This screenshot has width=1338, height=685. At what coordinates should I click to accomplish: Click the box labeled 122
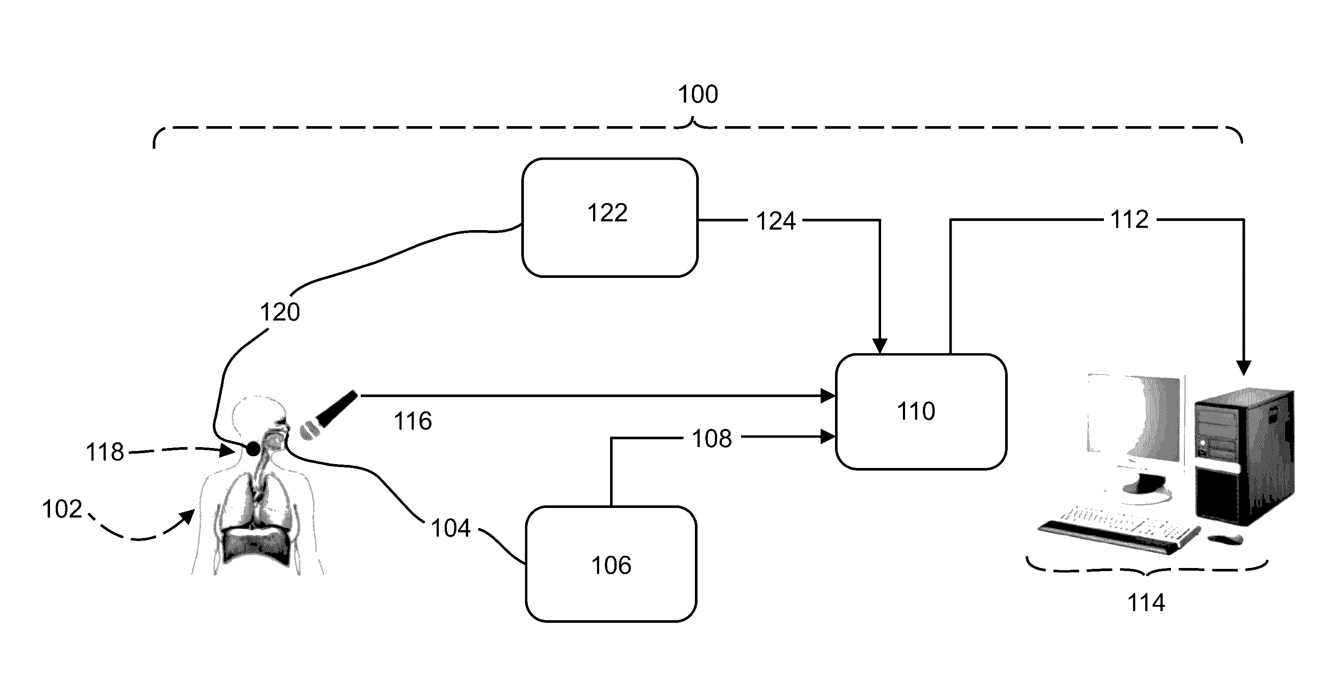click(x=610, y=217)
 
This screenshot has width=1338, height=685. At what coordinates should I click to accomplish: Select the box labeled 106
click(x=611, y=564)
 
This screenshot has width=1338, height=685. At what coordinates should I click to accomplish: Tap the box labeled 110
click(x=921, y=412)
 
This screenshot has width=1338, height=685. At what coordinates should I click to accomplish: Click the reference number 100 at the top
click(x=698, y=94)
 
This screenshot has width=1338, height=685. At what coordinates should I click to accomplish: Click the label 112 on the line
click(x=1129, y=220)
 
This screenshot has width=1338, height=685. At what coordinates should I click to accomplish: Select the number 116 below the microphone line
click(x=413, y=421)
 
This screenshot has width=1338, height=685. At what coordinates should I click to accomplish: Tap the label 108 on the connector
click(x=711, y=439)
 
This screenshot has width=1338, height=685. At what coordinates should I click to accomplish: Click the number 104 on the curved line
click(x=451, y=528)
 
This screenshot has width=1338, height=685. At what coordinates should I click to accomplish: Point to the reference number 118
click(x=104, y=452)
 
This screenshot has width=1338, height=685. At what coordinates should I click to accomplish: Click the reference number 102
click(x=62, y=509)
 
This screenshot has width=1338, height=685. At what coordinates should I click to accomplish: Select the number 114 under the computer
click(x=1146, y=603)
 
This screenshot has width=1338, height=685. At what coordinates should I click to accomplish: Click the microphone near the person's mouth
click(x=328, y=415)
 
